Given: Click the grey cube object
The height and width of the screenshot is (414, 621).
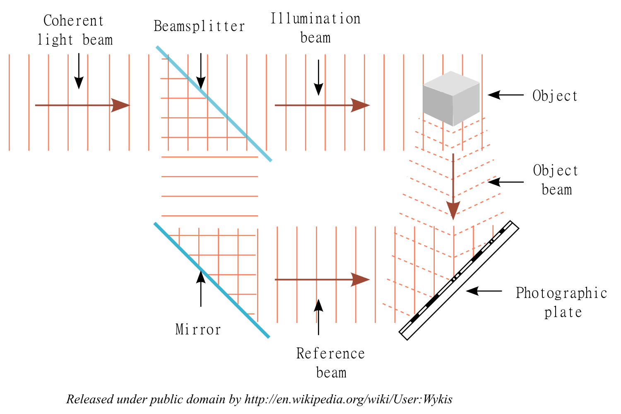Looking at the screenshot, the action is click(451, 99).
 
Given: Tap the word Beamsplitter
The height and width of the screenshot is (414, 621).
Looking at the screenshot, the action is click(199, 26).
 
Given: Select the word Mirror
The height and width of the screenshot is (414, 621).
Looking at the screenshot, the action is click(198, 330).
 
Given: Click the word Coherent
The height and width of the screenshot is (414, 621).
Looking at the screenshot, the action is click(73, 21).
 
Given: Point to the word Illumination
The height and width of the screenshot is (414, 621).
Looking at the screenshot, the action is click(315, 19).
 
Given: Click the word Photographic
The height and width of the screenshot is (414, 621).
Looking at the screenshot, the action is click(561, 293).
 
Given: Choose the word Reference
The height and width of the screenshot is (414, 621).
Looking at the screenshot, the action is click(330, 353).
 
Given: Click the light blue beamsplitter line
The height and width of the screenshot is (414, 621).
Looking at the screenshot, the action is click(214, 104).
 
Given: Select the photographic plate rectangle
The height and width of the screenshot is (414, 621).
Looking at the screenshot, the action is click(459, 280).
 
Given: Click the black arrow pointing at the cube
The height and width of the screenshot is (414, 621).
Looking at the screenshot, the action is click(505, 95).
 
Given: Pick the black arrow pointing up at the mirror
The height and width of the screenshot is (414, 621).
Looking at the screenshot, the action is click(201, 289).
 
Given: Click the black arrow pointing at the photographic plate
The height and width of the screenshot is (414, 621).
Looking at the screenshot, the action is click(484, 291).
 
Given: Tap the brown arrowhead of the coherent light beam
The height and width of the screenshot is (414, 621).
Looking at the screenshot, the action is click(120, 105).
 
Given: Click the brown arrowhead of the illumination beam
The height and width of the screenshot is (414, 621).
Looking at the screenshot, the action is click(360, 105).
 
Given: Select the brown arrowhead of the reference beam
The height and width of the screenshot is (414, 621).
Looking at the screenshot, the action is click(360, 279).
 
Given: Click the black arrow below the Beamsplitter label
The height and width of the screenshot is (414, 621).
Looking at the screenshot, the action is click(201, 71).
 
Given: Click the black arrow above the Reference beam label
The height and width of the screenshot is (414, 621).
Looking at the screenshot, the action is click(318, 317).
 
